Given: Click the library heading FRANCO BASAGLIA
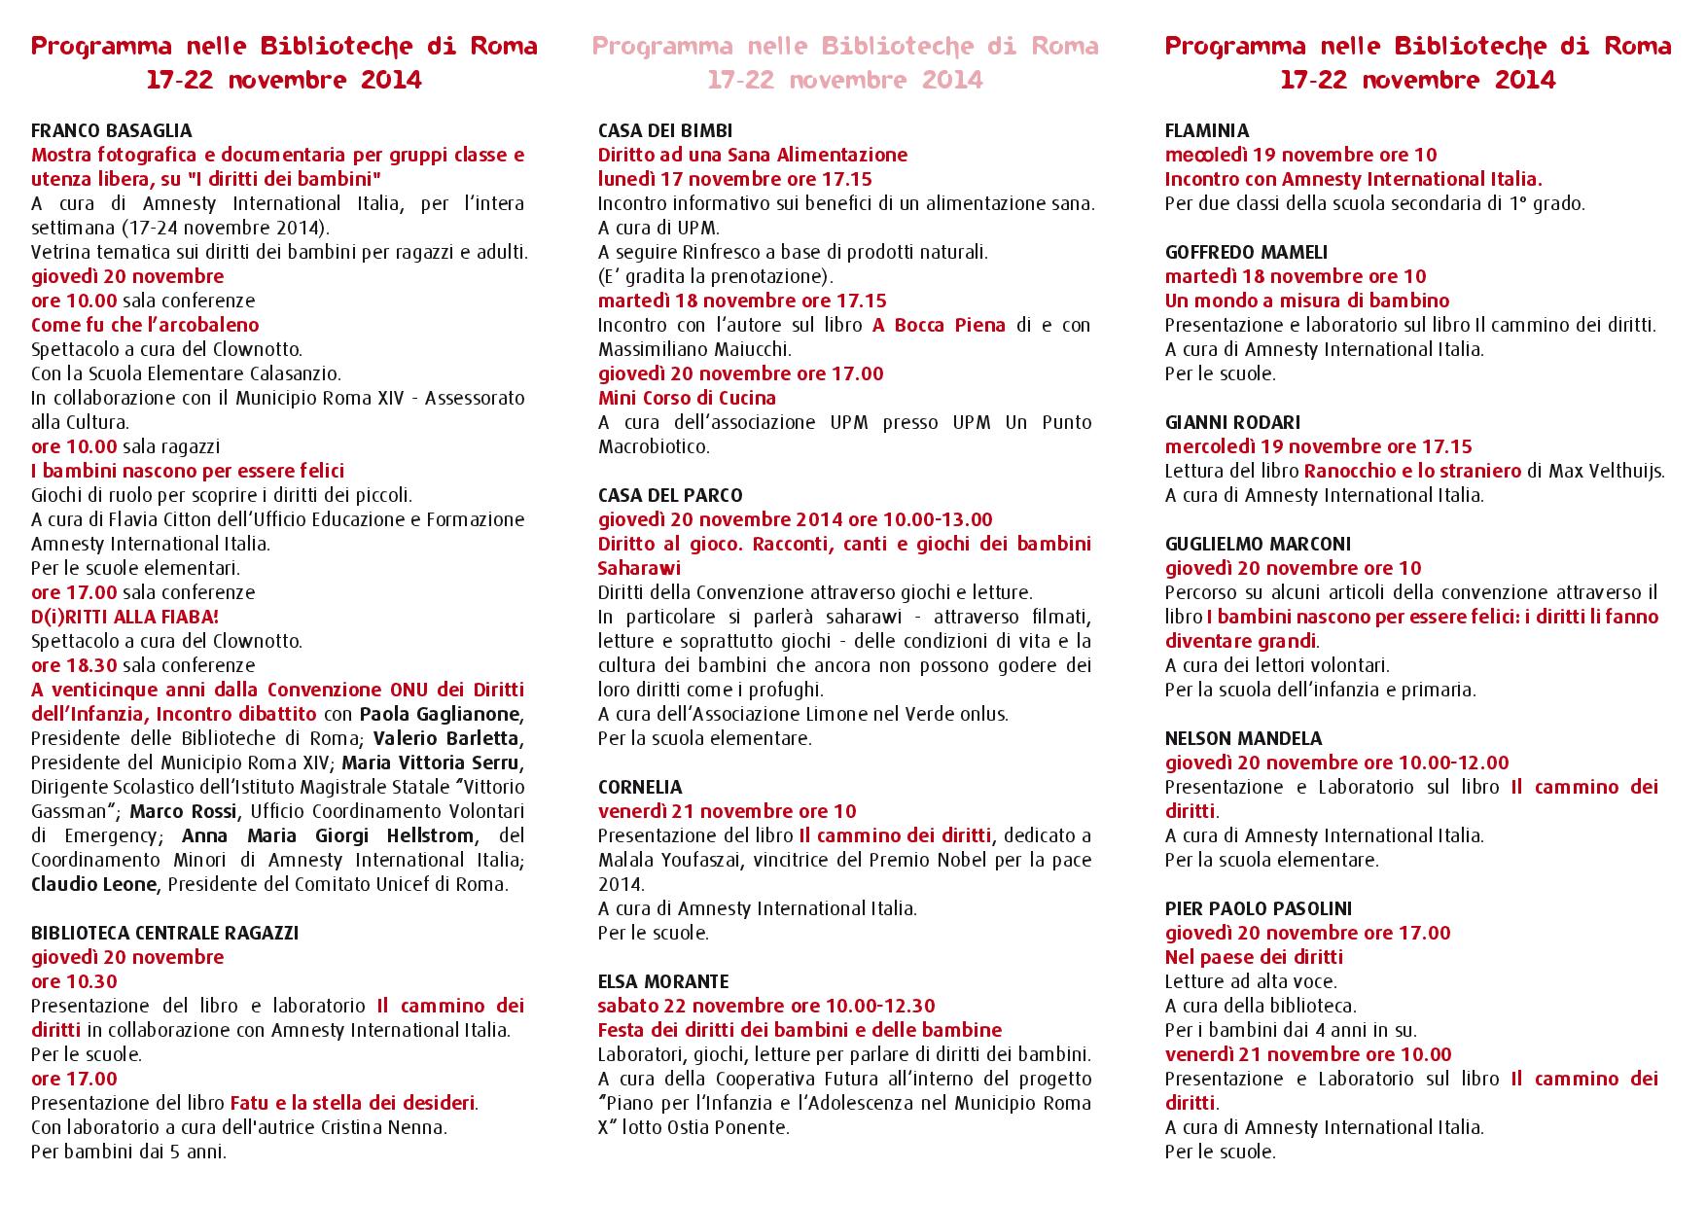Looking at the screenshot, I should (x=111, y=130).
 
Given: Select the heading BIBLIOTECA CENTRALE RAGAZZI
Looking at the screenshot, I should (x=164, y=933).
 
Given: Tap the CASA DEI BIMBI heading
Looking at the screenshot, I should (x=665, y=130).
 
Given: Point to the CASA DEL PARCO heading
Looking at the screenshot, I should (x=670, y=495).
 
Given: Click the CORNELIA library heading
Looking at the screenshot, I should (x=640, y=787).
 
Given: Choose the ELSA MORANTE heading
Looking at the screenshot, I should (x=663, y=981).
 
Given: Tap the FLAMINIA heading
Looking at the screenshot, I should (x=1207, y=130).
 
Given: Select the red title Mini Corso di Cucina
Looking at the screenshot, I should (x=687, y=398).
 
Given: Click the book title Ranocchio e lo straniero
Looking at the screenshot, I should (x=1412, y=471).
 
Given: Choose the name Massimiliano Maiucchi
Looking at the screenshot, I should (x=694, y=349).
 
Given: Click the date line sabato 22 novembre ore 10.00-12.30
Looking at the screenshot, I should (x=766, y=1006).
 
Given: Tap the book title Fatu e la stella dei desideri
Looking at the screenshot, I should (x=352, y=1103).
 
